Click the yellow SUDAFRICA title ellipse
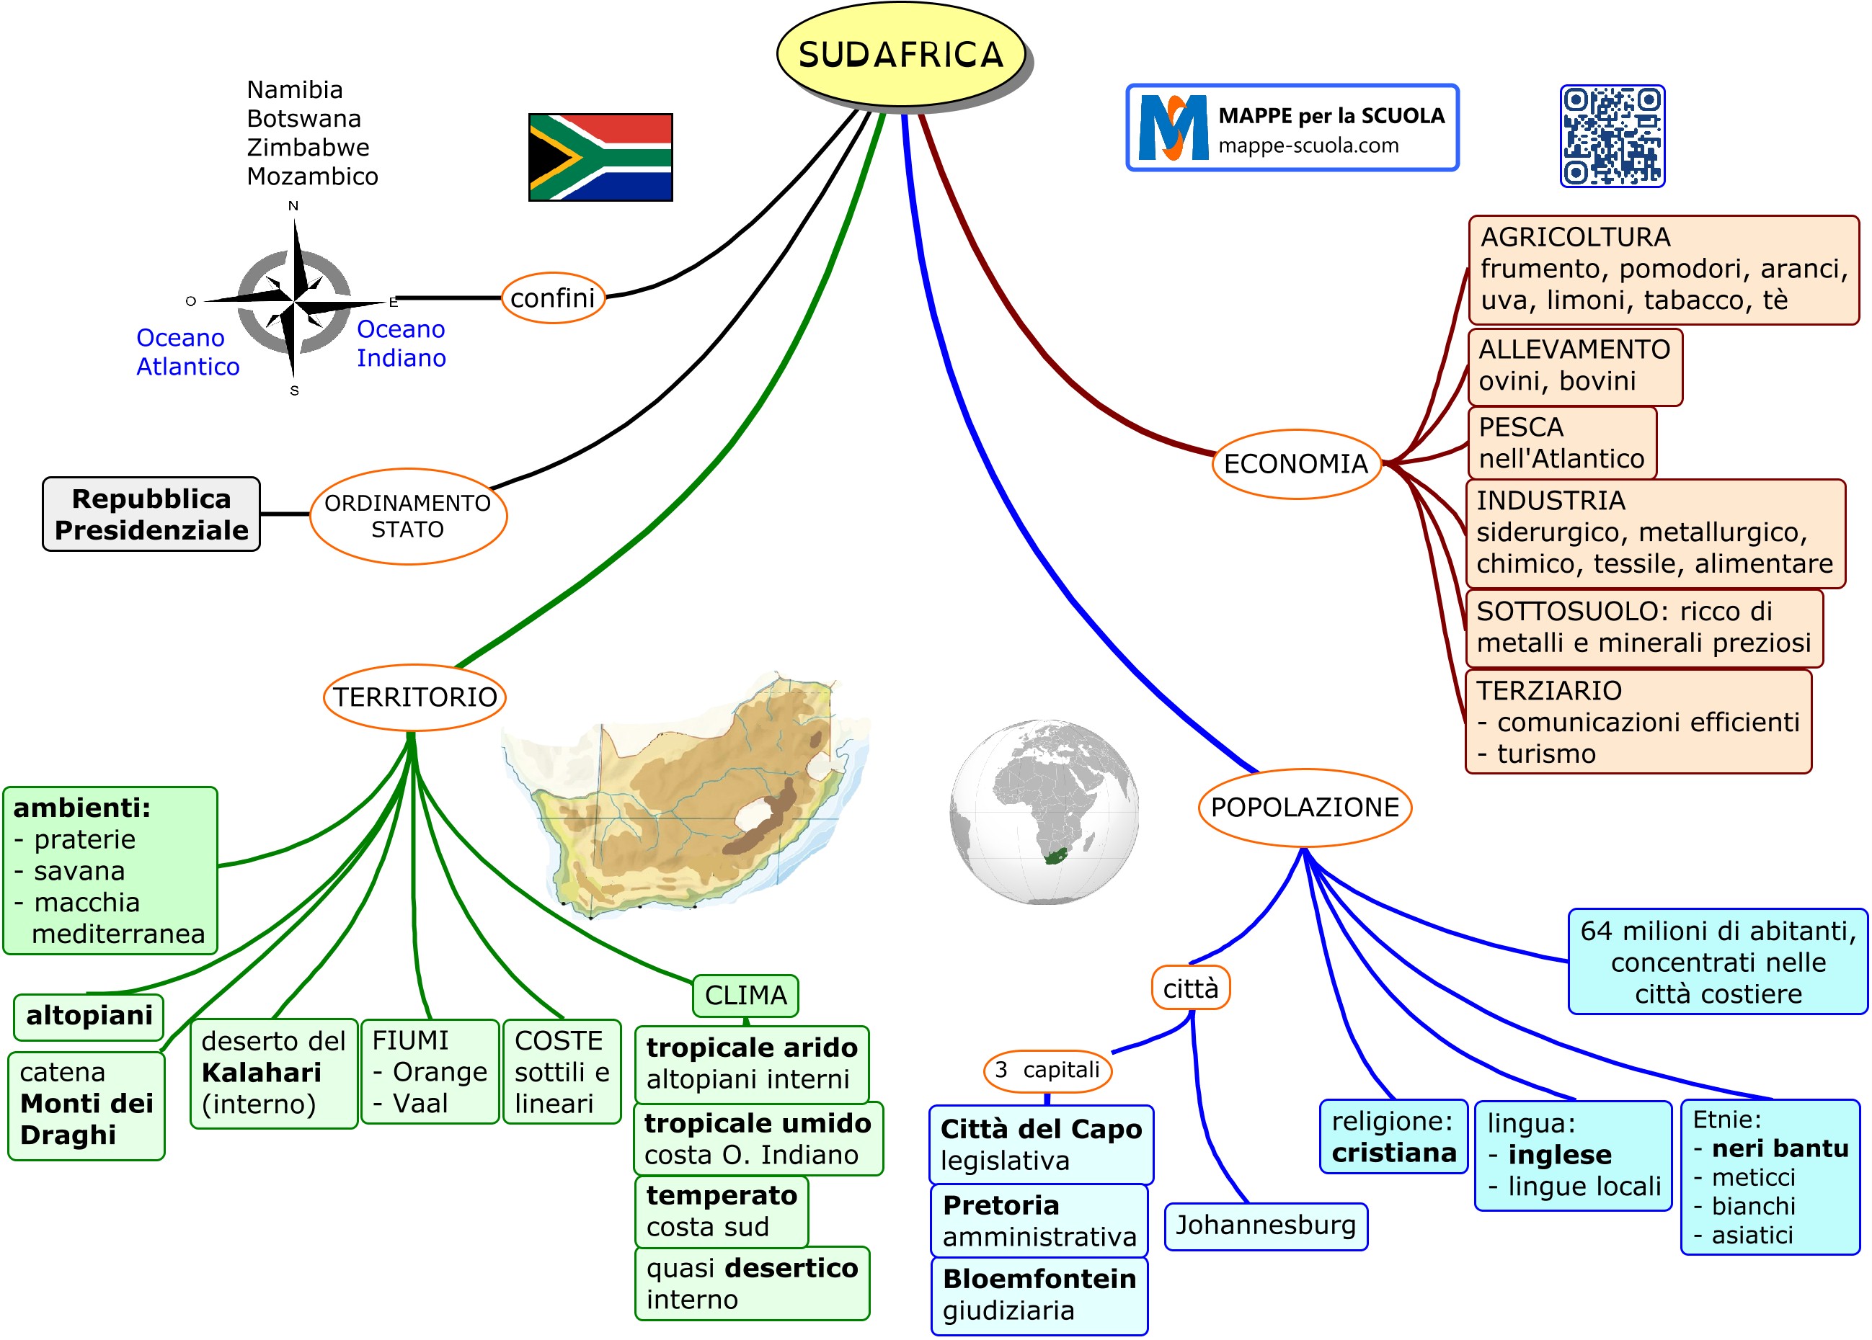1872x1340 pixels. pyautogui.click(x=900, y=55)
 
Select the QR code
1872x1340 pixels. pyautogui.click(x=1611, y=136)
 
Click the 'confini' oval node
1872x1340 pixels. pyautogui.click(x=553, y=298)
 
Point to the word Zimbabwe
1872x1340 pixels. pyautogui.click(x=308, y=148)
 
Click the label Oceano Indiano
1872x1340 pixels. pyautogui.click(x=401, y=343)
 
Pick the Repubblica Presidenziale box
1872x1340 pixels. pyautogui.click(x=151, y=514)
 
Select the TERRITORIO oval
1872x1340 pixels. pyautogui.click(x=414, y=697)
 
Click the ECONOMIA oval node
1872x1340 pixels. pyautogui.click(x=1295, y=464)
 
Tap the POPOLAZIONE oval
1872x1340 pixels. pyautogui.click(x=1304, y=807)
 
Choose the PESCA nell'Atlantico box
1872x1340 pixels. pyautogui.click(x=1561, y=443)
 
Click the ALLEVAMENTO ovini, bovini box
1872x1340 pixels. pyautogui.click(x=1574, y=365)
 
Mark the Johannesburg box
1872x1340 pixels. pyautogui.click(x=1265, y=1225)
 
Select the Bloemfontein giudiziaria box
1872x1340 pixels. pyautogui.click(x=1039, y=1295)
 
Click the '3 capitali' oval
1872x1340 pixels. pyautogui.click(x=1047, y=1070)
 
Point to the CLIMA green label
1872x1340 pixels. pyautogui.click(x=745, y=995)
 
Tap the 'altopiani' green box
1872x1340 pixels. pyautogui.click(x=89, y=1016)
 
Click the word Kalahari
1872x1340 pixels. pyautogui.click(x=261, y=1073)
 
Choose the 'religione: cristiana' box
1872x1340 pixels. pyautogui.click(x=1393, y=1137)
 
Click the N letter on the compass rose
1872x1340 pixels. pyautogui.click(x=293, y=205)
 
